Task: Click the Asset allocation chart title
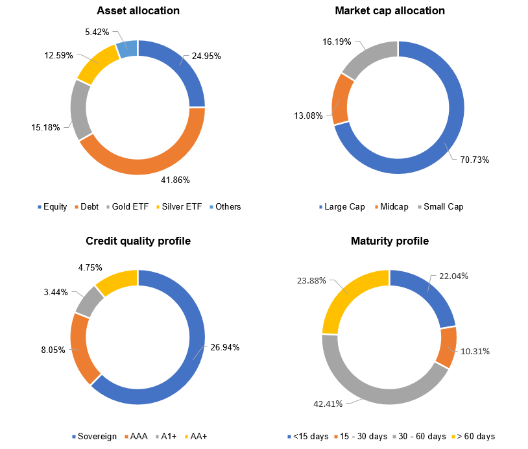138,11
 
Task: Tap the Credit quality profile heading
138,241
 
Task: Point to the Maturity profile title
389,241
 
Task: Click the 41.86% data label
176,180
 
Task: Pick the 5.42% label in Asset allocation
98,31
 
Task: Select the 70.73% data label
475,159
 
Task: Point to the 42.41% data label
329,403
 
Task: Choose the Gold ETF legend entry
130,207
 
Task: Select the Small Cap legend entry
444,207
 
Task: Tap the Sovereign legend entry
98,436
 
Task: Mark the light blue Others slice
127,49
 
